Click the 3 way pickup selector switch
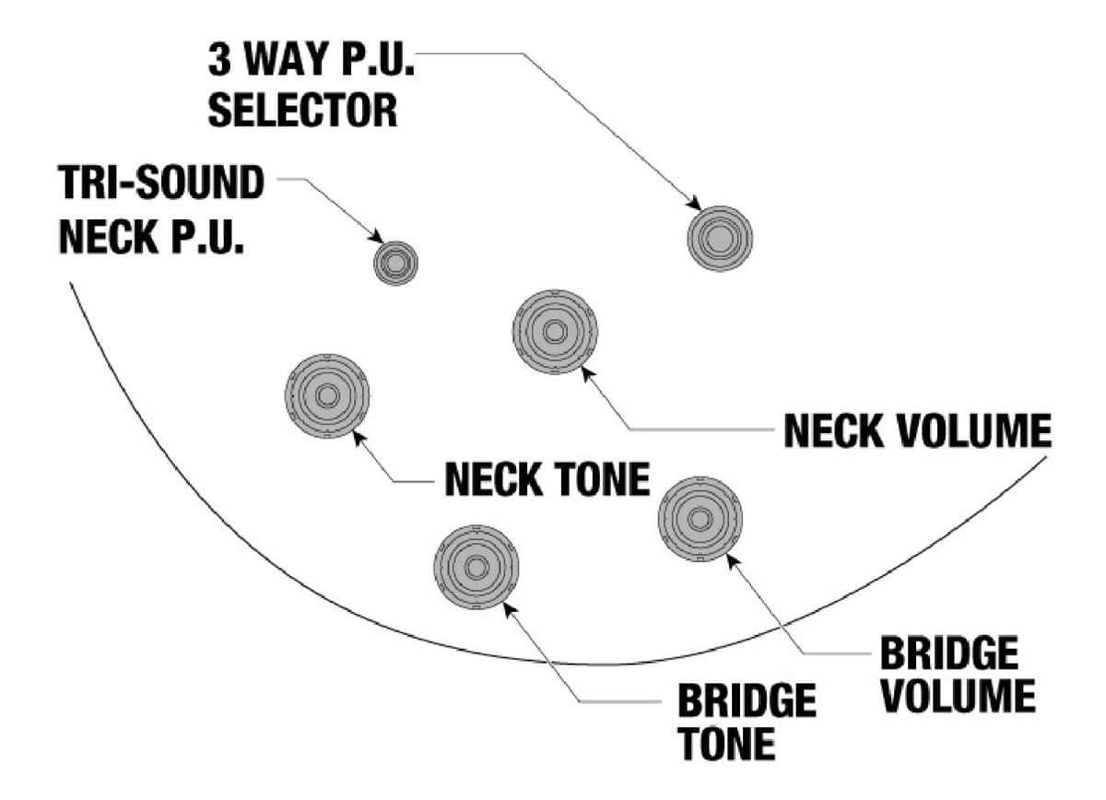click(x=720, y=238)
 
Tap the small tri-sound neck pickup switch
click(x=395, y=263)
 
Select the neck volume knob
click(x=555, y=332)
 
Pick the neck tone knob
click(x=327, y=396)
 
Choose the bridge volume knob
click(x=700, y=519)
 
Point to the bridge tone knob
click(x=476, y=567)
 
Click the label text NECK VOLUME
click(x=917, y=430)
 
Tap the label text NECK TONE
click(x=547, y=479)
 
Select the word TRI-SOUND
click(x=162, y=184)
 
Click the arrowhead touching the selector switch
click(x=694, y=202)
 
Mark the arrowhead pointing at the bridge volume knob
click(x=731, y=559)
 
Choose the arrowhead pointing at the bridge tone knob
click(x=506, y=606)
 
